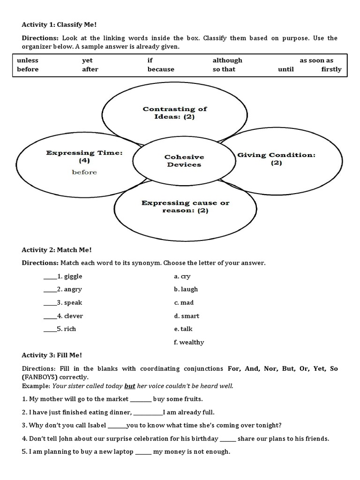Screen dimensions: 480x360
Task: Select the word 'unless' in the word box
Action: click(28, 60)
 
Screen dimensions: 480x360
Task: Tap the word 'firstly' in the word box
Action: click(331, 69)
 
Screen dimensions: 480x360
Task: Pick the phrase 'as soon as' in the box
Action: click(316, 60)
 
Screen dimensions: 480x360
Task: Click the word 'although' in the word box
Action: click(227, 60)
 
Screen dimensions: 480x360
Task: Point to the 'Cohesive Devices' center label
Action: click(184, 161)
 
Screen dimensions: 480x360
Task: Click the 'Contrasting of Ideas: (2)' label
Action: click(174, 112)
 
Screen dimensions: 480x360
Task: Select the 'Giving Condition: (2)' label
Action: click(276, 159)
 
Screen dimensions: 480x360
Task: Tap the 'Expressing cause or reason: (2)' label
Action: click(186, 207)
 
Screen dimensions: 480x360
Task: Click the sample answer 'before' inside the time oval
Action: click(84, 172)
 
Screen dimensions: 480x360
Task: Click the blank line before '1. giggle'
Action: click(50, 277)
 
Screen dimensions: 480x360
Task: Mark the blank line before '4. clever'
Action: click(50, 316)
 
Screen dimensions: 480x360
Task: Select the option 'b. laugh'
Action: click(186, 289)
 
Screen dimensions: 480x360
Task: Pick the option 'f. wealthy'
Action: click(188, 342)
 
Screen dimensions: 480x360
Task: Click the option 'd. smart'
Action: click(186, 316)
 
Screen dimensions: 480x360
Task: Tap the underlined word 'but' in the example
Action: click(129, 386)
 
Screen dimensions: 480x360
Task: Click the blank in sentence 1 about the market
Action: click(141, 400)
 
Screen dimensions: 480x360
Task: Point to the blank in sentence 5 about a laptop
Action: click(143, 452)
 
